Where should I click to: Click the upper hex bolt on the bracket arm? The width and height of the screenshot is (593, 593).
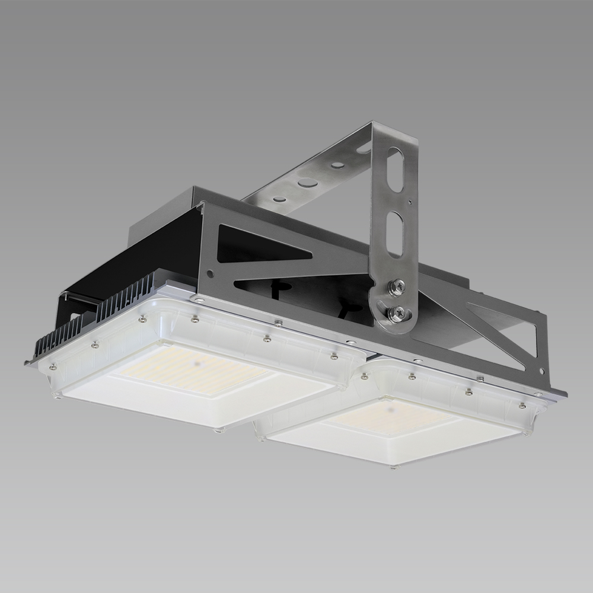tap(393, 286)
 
